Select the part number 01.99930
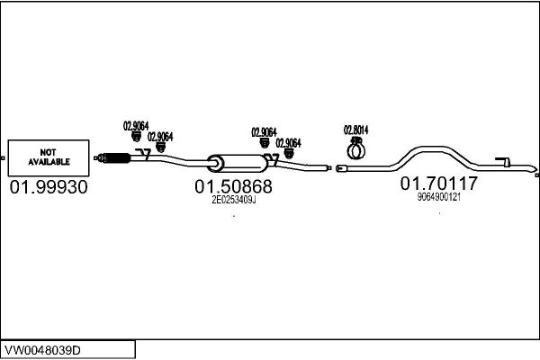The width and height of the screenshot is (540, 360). coord(49,187)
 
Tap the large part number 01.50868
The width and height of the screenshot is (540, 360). coord(233,187)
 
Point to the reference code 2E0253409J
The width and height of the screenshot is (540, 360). coord(233,201)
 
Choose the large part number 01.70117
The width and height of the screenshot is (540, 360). coord(439,184)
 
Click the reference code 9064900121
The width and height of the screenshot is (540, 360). coord(439,197)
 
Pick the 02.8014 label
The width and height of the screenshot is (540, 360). coord(356,129)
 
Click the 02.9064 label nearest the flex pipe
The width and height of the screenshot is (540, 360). coord(135,125)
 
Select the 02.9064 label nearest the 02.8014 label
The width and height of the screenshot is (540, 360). coord(288,142)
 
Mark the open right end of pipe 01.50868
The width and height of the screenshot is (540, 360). coord(327,166)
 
